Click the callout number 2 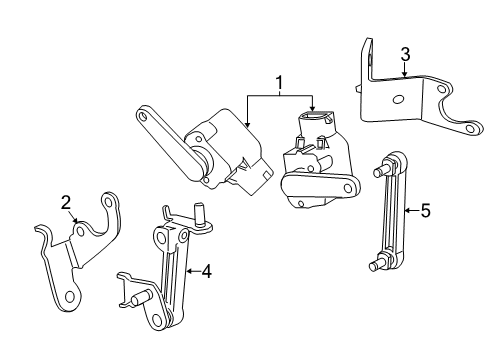click(65, 204)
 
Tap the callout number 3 click(404, 53)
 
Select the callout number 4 click(206, 270)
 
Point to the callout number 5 click(425, 210)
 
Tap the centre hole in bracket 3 click(399, 99)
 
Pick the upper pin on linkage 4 click(200, 211)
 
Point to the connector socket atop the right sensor click(313, 122)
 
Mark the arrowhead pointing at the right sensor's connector click(313, 111)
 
